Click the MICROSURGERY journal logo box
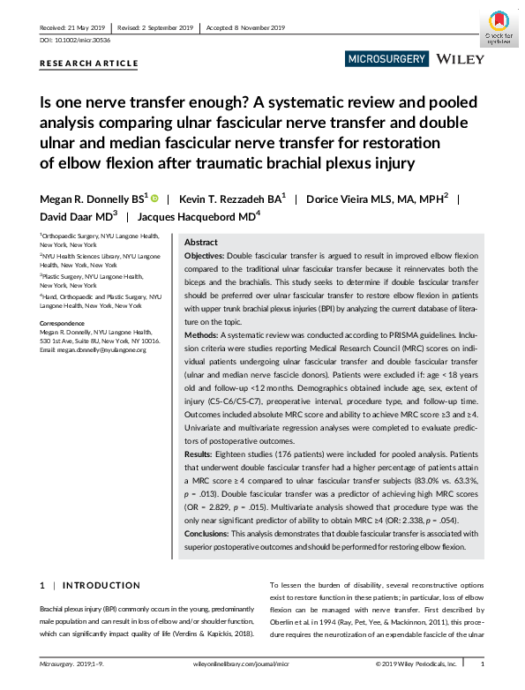click(386, 59)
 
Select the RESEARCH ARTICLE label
click(89, 64)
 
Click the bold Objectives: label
click(205, 254)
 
